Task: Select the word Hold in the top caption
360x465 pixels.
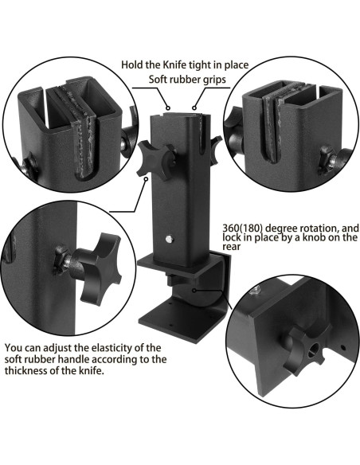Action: pyautogui.click(x=131, y=64)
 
